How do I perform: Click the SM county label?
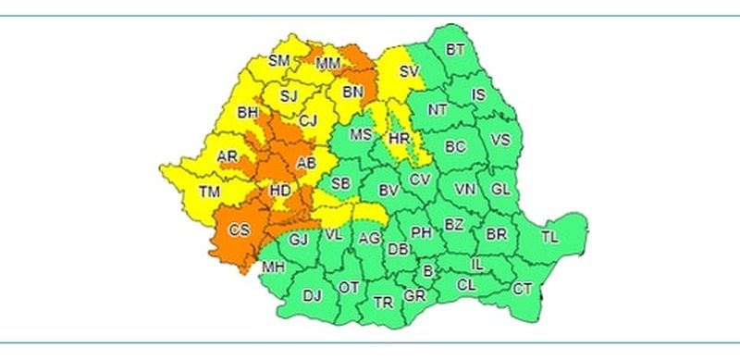coord(278,61)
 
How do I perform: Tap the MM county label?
coord(327,64)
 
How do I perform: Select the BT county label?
coord(455,50)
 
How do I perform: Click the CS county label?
coord(239,230)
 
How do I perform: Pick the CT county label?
coord(523,289)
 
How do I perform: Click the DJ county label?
coord(312,295)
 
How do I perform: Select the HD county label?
coord(278,192)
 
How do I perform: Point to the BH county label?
coord(247,113)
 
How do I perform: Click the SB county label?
coord(340,182)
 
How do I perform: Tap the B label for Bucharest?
coord(427,271)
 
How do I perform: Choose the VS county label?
coord(500,141)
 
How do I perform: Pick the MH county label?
coord(273,267)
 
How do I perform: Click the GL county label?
coord(500,189)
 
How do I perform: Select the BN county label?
coord(352,92)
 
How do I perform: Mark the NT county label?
coord(437,109)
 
